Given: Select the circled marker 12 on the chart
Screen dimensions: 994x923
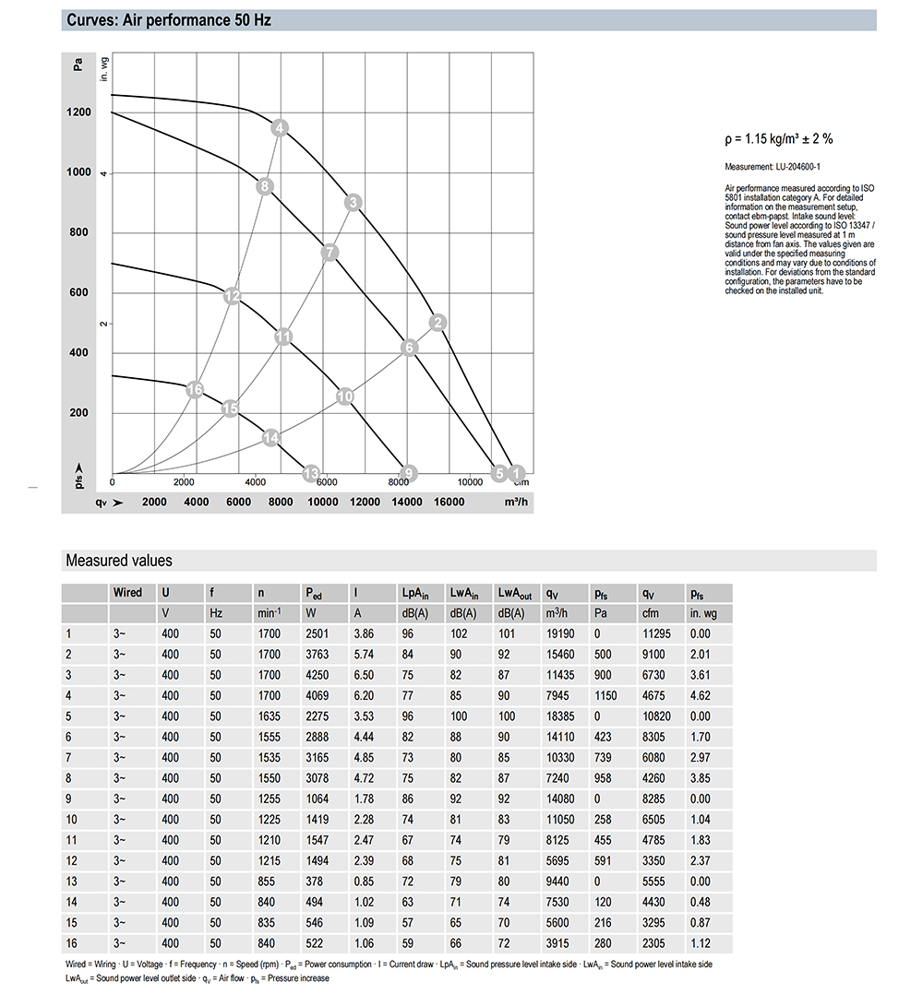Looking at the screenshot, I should pyautogui.click(x=233, y=296).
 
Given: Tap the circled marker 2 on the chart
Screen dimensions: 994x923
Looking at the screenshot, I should pyautogui.click(x=438, y=322).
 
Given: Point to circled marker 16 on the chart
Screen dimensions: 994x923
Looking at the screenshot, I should pyautogui.click(x=194, y=390).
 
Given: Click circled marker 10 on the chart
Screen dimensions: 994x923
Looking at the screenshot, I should pyautogui.click(x=345, y=396).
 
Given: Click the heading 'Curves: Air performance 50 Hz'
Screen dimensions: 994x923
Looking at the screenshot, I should pyautogui.click(x=169, y=20).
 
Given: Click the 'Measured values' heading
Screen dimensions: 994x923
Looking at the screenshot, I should pyautogui.click(x=118, y=561).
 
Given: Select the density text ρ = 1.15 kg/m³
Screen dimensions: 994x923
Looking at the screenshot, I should pyautogui.click(x=779, y=140).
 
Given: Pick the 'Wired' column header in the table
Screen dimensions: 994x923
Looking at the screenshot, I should pyautogui.click(x=127, y=593).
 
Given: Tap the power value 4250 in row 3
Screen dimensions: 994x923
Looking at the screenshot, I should pyautogui.click(x=318, y=674).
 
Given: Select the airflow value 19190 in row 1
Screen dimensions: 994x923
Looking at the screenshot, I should pyautogui.click(x=560, y=633).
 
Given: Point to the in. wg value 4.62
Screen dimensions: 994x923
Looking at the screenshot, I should pyautogui.click(x=700, y=694).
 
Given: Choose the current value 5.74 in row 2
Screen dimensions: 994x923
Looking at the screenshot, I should pyautogui.click(x=366, y=654).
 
